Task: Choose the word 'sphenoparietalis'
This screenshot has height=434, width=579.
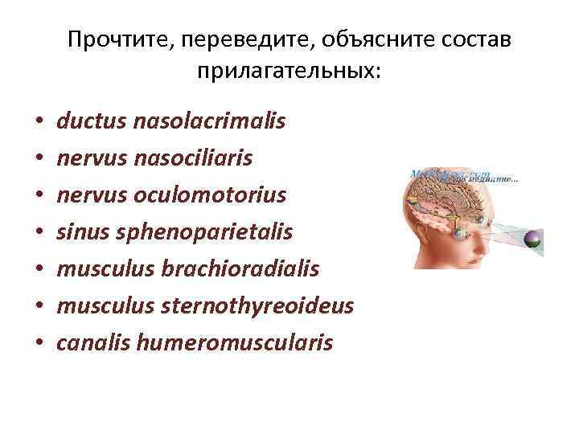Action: tap(204, 232)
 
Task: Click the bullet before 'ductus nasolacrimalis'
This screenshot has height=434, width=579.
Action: tap(39, 125)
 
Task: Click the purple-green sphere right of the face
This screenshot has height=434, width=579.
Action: tap(534, 239)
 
